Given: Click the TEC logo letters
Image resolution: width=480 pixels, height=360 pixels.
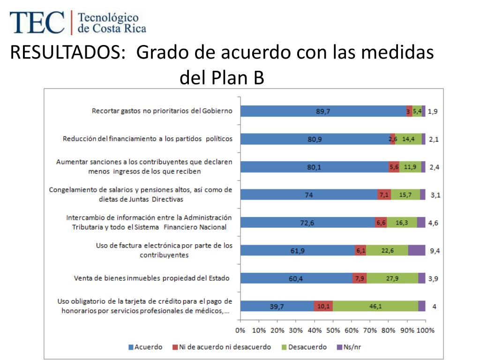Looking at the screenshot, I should tap(37, 22).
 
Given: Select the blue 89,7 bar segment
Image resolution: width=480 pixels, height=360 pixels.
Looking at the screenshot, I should tap(323, 111).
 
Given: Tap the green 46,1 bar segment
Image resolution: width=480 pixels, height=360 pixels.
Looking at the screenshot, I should tap(375, 306).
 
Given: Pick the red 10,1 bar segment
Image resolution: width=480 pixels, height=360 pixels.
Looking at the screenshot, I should tap(323, 306).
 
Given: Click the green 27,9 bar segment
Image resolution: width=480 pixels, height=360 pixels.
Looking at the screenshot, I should tap(392, 278).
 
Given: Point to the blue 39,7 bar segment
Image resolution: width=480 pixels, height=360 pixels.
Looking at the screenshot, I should tap(277, 306).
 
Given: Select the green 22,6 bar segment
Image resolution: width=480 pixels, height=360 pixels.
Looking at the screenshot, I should tap(387, 250).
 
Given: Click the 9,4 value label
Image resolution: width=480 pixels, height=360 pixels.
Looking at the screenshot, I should tap(435, 251).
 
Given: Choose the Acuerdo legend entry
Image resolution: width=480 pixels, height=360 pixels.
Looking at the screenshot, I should tap(145, 347).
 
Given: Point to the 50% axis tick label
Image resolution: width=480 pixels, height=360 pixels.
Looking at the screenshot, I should tap(333, 330).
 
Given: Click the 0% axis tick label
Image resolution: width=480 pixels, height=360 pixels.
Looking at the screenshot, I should tap(240, 330).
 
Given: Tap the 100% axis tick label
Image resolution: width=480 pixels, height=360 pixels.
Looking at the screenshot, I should tap(426, 330).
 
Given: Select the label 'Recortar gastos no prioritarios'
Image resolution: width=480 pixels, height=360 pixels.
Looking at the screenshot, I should tap(162, 111).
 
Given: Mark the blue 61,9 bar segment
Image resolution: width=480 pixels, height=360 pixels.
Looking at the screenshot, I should tap(297, 250).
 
